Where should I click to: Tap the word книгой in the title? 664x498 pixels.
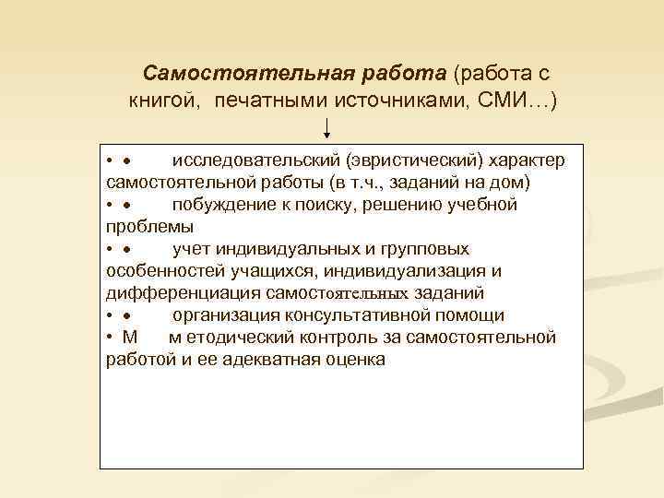tap(165, 99)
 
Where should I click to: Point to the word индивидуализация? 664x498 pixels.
tap(410, 270)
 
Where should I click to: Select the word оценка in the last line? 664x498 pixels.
tap(354, 360)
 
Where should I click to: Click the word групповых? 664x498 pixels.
tap(424, 248)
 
